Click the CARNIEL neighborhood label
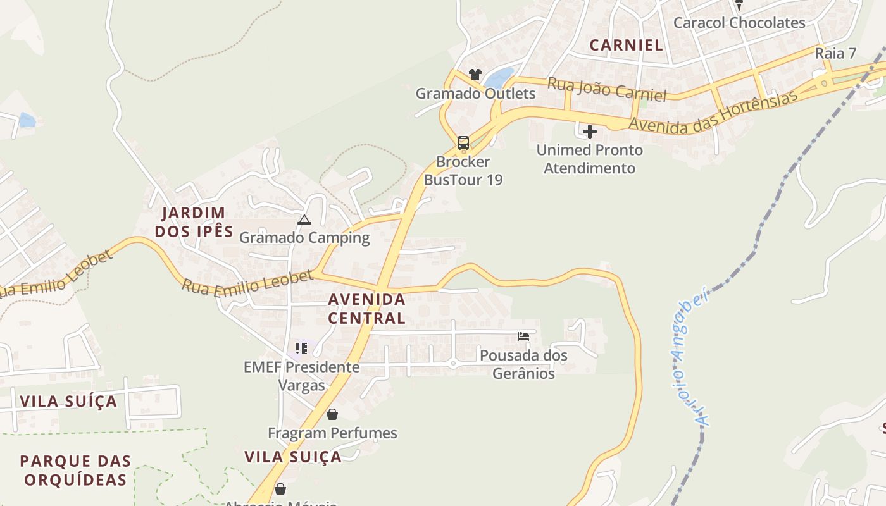(x=626, y=45)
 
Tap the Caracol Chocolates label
(x=739, y=23)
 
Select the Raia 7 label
(x=839, y=53)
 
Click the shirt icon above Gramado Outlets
(x=475, y=75)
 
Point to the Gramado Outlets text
(x=475, y=94)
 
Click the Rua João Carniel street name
(x=606, y=89)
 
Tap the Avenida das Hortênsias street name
(x=713, y=113)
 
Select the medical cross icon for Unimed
(x=590, y=132)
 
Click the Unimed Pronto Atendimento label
(x=590, y=159)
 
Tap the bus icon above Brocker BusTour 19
(x=463, y=142)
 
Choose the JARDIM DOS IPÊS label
(x=194, y=222)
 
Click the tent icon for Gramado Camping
(x=304, y=220)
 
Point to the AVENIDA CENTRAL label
(x=367, y=308)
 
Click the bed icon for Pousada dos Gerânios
(x=523, y=336)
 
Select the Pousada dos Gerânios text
(x=523, y=364)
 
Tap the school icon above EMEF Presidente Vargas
(x=301, y=349)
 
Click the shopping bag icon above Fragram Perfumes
(x=332, y=414)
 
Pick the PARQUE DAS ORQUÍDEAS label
(x=75, y=470)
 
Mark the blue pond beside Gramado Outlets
(x=499, y=78)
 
